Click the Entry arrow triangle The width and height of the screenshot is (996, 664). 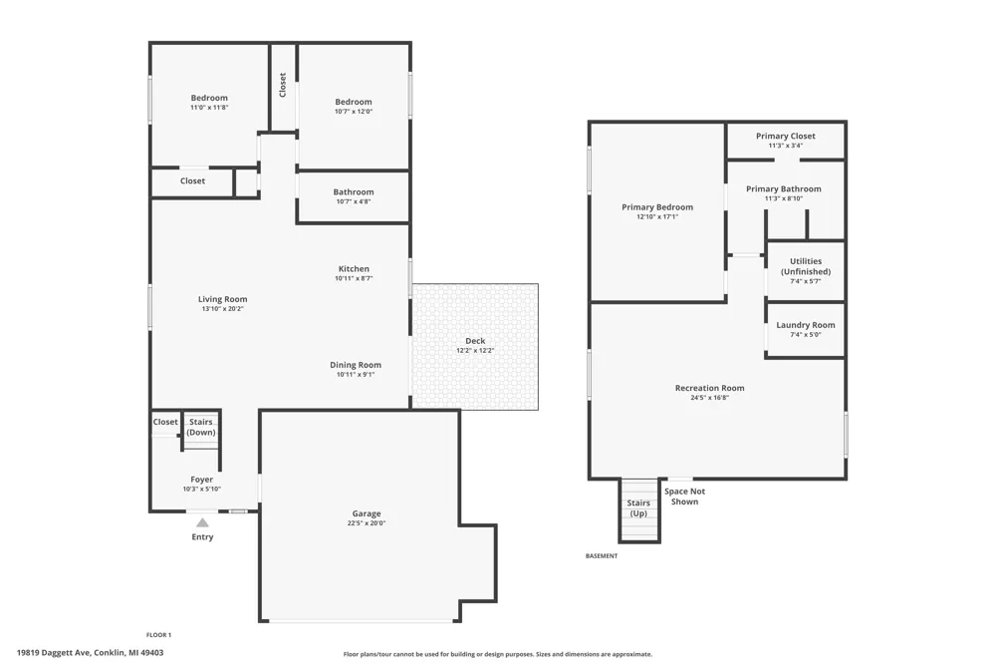point(202,522)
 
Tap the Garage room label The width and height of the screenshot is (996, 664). point(367,513)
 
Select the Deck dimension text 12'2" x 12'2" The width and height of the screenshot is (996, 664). point(475,351)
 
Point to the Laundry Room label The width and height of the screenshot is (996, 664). point(806,325)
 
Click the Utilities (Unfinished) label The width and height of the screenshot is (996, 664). point(806,266)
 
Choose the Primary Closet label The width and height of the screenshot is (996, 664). point(786,136)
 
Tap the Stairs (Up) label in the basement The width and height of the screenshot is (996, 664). point(638,508)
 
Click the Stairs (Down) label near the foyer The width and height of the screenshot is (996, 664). point(201,427)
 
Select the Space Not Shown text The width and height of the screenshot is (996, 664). point(685,497)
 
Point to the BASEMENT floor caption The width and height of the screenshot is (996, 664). point(602,556)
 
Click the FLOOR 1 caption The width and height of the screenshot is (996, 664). point(158,635)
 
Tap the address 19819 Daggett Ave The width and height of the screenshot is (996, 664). point(54,653)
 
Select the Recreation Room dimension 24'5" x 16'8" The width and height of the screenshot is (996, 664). point(709,398)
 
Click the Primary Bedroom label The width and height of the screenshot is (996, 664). point(657,206)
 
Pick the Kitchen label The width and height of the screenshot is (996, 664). point(354,268)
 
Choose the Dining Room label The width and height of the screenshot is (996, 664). point(356,365)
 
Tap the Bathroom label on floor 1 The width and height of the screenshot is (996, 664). point(354,191)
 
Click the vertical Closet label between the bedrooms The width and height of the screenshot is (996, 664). point(283,85)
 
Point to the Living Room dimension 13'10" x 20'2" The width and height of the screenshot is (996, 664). point(223,309)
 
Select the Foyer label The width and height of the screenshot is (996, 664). point(202,480)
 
